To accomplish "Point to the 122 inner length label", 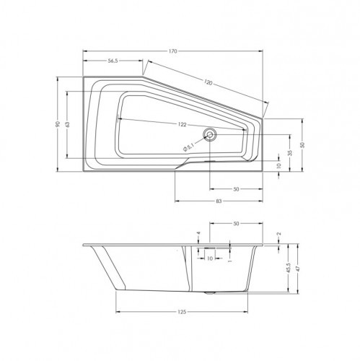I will coord(182,125).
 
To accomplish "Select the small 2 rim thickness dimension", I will coord(278,234).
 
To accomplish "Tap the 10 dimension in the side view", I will coord(210,258).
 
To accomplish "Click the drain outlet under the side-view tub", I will coord(210,293).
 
